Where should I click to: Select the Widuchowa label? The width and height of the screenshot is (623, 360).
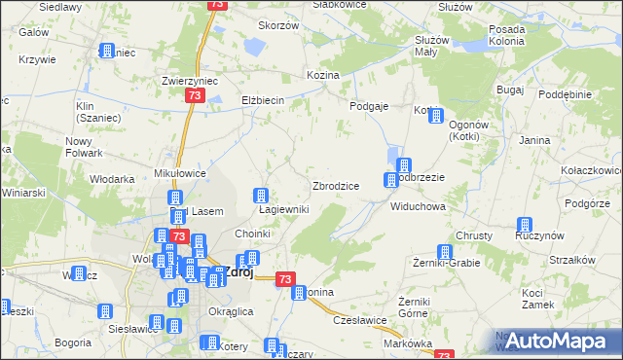[418, 207]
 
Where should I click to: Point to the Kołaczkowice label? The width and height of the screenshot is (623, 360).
[592, 170]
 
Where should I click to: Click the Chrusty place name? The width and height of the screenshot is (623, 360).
[474, 236]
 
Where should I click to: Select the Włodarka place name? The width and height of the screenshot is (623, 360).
[112, 179]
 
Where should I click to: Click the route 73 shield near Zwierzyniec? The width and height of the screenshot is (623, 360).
[195, 96]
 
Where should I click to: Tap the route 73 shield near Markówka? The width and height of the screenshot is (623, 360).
[445, 356]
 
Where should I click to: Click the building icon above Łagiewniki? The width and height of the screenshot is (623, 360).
[261, 195]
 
